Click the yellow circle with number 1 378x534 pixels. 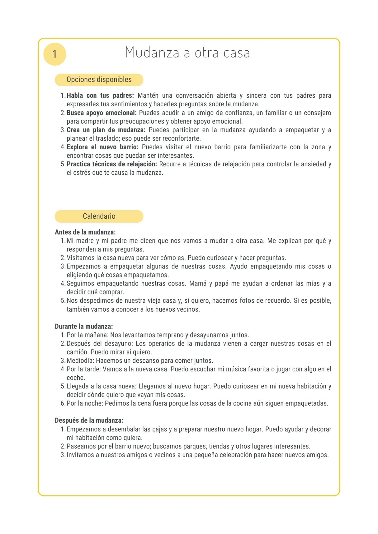pos(54,54)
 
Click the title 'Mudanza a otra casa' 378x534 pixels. pos(187,53)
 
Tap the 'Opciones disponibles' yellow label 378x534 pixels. pos(99,80)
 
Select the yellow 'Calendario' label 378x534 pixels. pos(99,216)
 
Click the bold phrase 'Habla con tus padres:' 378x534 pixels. pos(100,95)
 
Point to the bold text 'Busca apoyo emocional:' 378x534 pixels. pos(102,113)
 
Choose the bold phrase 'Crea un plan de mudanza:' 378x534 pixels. pos(106,130)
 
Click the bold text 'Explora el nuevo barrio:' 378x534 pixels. pos(102,147)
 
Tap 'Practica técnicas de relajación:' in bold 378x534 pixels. pos(112,164)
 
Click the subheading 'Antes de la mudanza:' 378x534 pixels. pos(85,232)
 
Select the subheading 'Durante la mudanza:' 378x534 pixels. pos(84,326)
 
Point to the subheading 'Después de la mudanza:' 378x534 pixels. pos(89,420)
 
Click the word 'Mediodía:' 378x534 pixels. pos(80,361)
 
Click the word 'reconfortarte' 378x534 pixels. pos(181,139)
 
